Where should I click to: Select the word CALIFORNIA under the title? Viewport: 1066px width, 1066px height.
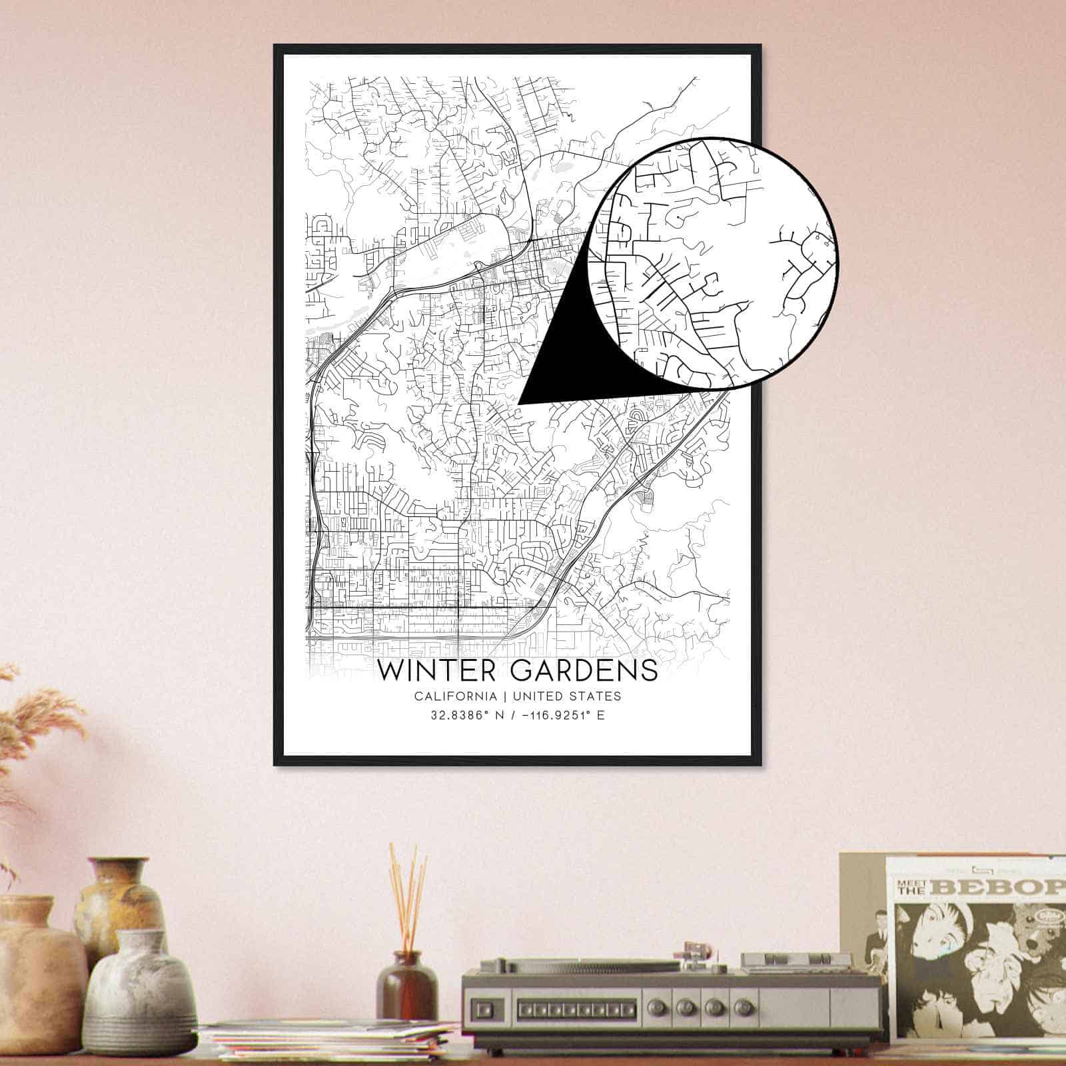point(455,696)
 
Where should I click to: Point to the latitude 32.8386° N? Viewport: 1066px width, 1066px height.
point(464,716)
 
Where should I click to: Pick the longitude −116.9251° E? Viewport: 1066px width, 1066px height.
point(559,716)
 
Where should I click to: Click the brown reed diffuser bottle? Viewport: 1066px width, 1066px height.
point(406,991)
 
